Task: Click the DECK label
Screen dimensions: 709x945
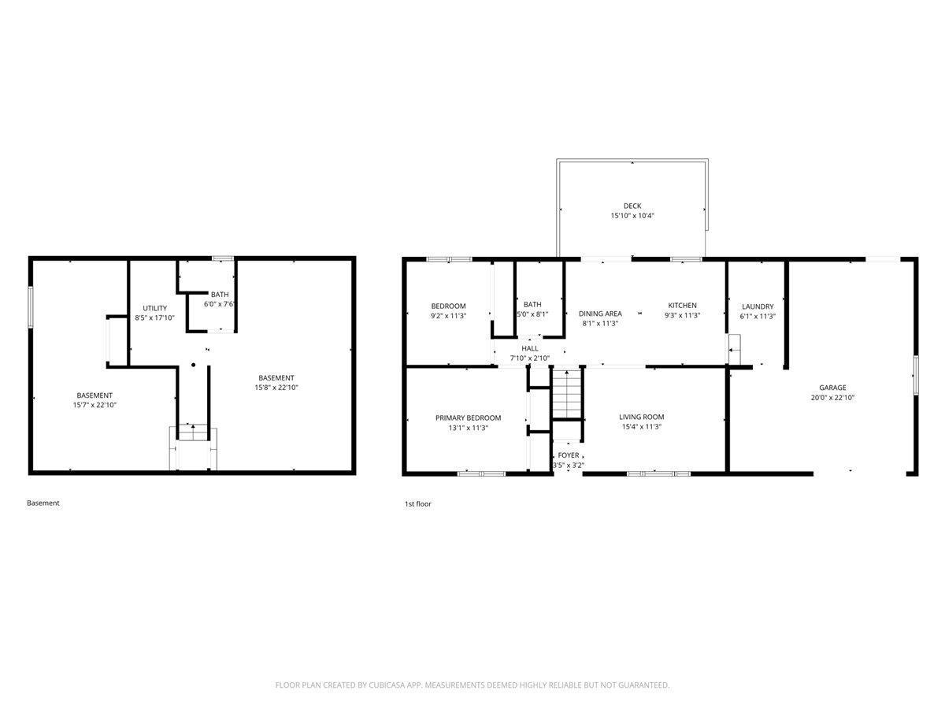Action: click(x=632, y=206)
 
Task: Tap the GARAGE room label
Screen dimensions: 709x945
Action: click(x=832, y=388)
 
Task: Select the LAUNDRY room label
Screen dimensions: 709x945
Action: click(x=758, y=306)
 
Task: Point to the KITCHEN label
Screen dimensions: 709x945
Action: click(x=682, y=306)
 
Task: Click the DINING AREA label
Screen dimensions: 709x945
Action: click(x=600, y=314)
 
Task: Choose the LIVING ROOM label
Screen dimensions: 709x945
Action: click(x=641, y=417)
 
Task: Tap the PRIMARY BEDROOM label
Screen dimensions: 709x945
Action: click(x=468, y=418)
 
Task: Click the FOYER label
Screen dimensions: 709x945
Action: click(x=569, y=455)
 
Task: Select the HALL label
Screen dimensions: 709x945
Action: click(x=530, y=348)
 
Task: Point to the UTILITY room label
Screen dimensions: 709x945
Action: click(x=154, y=308)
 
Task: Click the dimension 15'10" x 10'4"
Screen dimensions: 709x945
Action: click(x=632, y=216)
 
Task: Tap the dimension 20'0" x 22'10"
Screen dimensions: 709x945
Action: click(x=832, y=398)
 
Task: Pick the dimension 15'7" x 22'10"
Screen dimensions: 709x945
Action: click(x=94, y=405)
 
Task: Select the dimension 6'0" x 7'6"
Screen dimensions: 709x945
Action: click(x=220, y=304)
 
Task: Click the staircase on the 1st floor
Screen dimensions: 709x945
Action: click(x=566, y=394)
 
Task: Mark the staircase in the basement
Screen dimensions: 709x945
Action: click(x=193, y=432)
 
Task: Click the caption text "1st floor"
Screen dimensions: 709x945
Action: click(x=418, y=504)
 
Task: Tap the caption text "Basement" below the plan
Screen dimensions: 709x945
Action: click(x=43, y=503)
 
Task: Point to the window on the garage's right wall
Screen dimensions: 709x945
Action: click(x=915, y=376)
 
